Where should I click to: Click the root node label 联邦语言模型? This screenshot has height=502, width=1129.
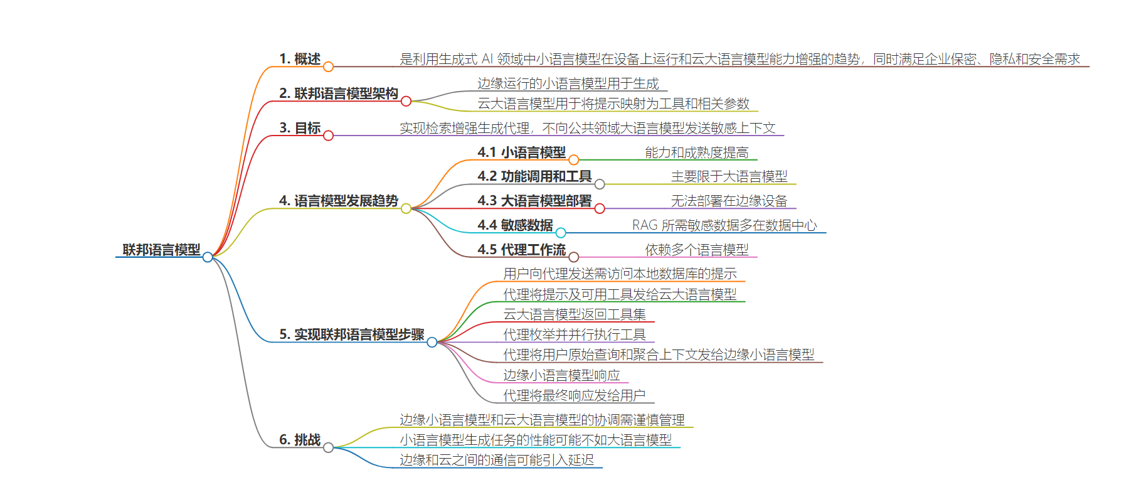coord(161,250)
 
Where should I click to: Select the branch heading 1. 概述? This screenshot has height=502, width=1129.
coord(300,59)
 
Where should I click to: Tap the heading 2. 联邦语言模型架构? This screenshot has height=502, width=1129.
coord(339,93)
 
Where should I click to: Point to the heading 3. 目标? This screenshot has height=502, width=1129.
coord(300,128)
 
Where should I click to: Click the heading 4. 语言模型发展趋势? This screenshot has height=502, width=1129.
coord(339,201)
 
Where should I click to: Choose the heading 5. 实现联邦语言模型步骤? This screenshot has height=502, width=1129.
coord(352,334)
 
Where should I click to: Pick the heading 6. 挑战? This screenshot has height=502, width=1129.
coord(300,440)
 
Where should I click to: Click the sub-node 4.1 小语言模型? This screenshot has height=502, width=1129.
coord(522,152)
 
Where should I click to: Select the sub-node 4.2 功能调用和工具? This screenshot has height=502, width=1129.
coord(534,176)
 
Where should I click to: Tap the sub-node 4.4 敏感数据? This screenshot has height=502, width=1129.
coord(515,225)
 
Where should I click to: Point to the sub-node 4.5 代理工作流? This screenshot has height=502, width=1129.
coord(522,249)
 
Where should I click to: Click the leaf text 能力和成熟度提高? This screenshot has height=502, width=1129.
coord(697,152)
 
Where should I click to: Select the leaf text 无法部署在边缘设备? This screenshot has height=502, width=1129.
coord(729,201)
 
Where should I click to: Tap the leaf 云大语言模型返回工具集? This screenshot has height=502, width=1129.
coord(575,314)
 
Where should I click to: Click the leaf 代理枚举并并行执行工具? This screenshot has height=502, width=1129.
coord(575,334)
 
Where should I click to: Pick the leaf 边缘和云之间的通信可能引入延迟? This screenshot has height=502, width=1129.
coord(497,460)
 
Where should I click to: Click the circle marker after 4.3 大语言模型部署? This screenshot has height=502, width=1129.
coord(600,208)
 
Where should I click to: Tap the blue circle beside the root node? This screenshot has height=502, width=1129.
coord(208,257)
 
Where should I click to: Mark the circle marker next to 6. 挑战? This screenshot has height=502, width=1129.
coord(328,447)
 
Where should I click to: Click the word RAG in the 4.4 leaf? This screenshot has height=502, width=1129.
coord(645,225)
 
